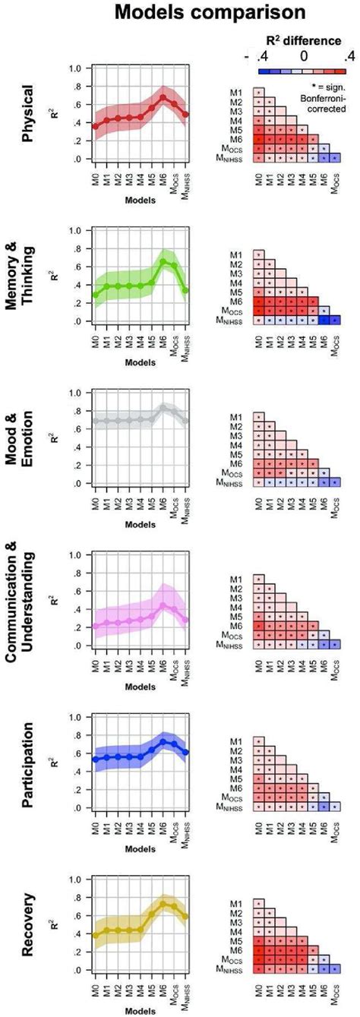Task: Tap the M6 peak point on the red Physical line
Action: pos(163,97)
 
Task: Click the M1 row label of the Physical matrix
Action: pos(238,93)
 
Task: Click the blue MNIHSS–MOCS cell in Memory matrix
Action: pos(334,320)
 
